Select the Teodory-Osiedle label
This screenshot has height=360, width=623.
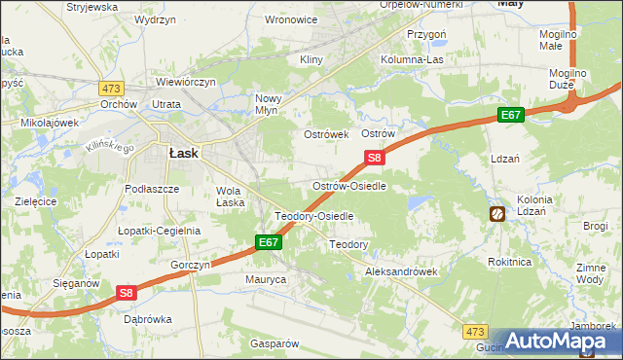coord(313,216)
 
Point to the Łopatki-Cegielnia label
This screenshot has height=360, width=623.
coord(159,231)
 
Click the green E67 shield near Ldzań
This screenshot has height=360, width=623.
coord(512,115)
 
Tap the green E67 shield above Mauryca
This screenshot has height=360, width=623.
coord(270,241)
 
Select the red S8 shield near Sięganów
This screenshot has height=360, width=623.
coord(127,291)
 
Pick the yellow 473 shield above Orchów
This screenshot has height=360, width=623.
coord(110,88)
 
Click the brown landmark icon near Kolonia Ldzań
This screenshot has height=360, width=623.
coord(496,213)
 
